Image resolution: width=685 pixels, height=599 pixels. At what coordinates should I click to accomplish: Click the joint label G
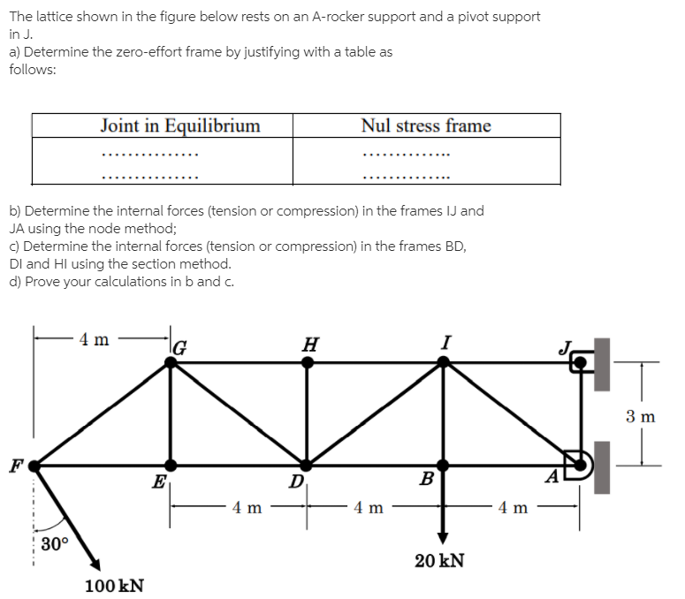[180, 345]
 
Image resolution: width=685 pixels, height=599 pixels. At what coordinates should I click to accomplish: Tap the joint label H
[309, 344]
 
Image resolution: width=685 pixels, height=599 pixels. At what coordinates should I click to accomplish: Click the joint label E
[159, 482]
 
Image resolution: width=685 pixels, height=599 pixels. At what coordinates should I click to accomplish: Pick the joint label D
[296, 482]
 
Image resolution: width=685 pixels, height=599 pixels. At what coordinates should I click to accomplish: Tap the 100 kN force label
[115, 585]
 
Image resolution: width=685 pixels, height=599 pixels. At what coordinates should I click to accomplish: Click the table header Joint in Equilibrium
[180, 125]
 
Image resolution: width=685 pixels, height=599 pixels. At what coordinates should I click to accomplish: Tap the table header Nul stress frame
[426, 125]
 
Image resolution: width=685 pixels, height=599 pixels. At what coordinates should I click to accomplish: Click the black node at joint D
[308, 465]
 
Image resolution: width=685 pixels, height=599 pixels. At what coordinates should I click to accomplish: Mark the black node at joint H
[308, 361]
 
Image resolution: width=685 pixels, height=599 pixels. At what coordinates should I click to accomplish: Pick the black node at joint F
[35, 464]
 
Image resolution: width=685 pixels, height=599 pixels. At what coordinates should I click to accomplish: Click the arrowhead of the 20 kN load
[443, 539]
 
